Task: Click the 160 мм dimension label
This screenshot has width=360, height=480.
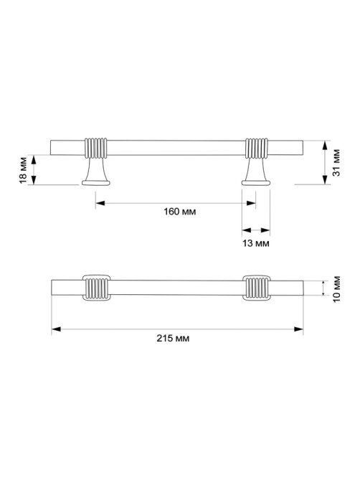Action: click(179, 212)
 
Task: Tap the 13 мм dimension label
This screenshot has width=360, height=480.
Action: click(256, 243)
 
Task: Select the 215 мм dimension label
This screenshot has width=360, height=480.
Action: click(173, 338)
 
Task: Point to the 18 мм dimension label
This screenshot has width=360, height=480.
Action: click(23, 170)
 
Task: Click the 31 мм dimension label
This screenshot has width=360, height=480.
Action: click(336, 163)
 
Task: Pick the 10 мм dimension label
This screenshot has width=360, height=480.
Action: click(336, 288)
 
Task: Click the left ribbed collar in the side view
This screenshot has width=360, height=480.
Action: click(95, 149)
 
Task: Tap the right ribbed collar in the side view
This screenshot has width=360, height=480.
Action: click(256, 149)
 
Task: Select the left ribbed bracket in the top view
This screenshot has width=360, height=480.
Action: click(96, 288)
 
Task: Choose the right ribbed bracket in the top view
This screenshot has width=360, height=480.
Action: click(256, 288)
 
